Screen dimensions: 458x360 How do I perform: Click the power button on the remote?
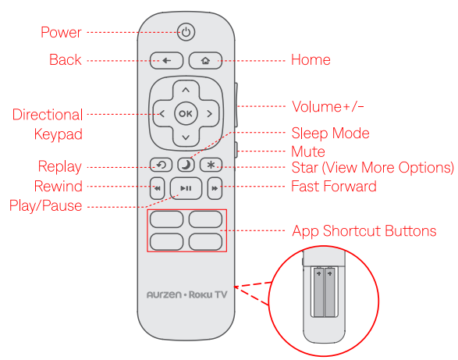(186, 32)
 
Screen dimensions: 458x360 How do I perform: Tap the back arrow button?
(166, 61)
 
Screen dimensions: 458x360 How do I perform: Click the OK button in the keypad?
(186, 113)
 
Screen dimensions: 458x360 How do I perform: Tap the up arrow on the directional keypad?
(186, 90)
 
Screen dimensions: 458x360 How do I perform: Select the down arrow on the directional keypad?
(186, 137)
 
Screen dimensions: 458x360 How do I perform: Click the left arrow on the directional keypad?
(162, 113)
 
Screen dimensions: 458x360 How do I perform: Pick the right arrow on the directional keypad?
(209, 113)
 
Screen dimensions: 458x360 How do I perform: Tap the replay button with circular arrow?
(161, 165)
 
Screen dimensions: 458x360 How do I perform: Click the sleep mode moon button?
(186, 165)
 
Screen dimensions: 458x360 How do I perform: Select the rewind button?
(157, 188)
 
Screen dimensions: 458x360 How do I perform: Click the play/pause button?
(186, 188)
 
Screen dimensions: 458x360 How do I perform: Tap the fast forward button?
(215, 188)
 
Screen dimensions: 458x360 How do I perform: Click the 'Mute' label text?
(308, 151)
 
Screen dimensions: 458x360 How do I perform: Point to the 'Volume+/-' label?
(328, 106)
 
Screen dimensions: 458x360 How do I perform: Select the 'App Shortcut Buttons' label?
(364, 230)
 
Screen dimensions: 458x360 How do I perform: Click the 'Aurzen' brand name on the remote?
(164, 294)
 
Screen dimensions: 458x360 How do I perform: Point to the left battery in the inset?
(318, 292)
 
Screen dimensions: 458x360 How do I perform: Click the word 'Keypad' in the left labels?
(58, 134)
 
